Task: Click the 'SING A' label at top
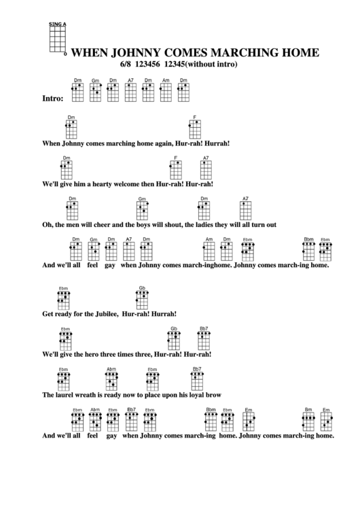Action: (x=56, y=24)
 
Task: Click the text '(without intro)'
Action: (x=208, y=65)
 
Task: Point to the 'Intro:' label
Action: (x=53, y=99)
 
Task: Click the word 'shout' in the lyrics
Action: (x=171, y=224)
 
